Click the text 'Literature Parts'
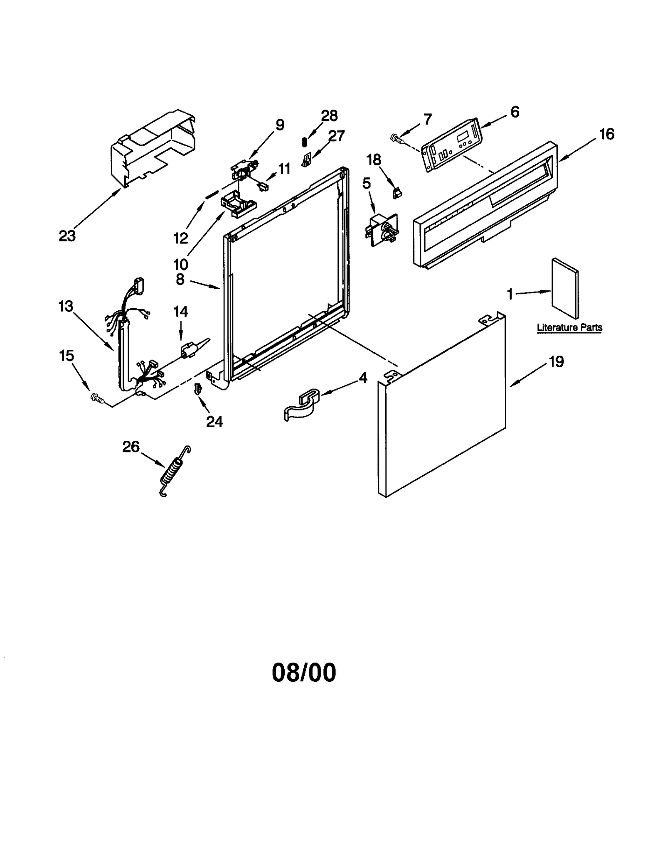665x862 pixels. (x=569, y=327)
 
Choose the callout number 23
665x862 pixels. (x=67, y=236)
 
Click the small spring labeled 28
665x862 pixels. (x=304, y=142)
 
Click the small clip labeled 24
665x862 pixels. (x=197, y=388)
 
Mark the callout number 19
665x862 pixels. (x=556, y=362)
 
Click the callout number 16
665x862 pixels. (x=606, y=134)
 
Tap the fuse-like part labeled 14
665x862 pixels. (x=190, y=348)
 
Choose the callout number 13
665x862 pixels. (x=66, y=307)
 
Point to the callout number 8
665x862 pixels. (x=180, y=279)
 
